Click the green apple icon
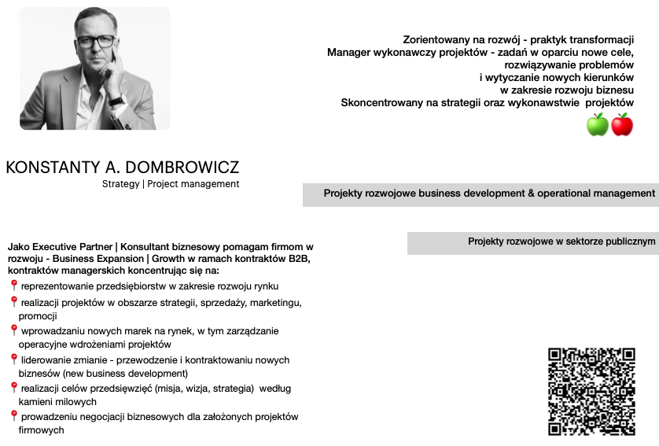click(x=598, y=124)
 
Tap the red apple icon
click(x=622, y=124)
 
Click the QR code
click(x=591, y=391)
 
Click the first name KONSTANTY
click(x=54, y=168)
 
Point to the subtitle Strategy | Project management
click(x=171, y=184)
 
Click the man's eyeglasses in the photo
click(x=95, y=41)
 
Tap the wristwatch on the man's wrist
click(x=116, y=100)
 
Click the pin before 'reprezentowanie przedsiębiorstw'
click(x=13, y=286)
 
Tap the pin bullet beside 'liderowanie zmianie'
click(x=13, y=359)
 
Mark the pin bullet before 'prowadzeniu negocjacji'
click(x=13, y=416)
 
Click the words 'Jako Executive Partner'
click(x=60, y=247)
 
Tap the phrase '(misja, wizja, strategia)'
click(x=197, y=388)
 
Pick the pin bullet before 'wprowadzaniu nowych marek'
click(x=13, y=330)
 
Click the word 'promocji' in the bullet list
click(x=39, y=316)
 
